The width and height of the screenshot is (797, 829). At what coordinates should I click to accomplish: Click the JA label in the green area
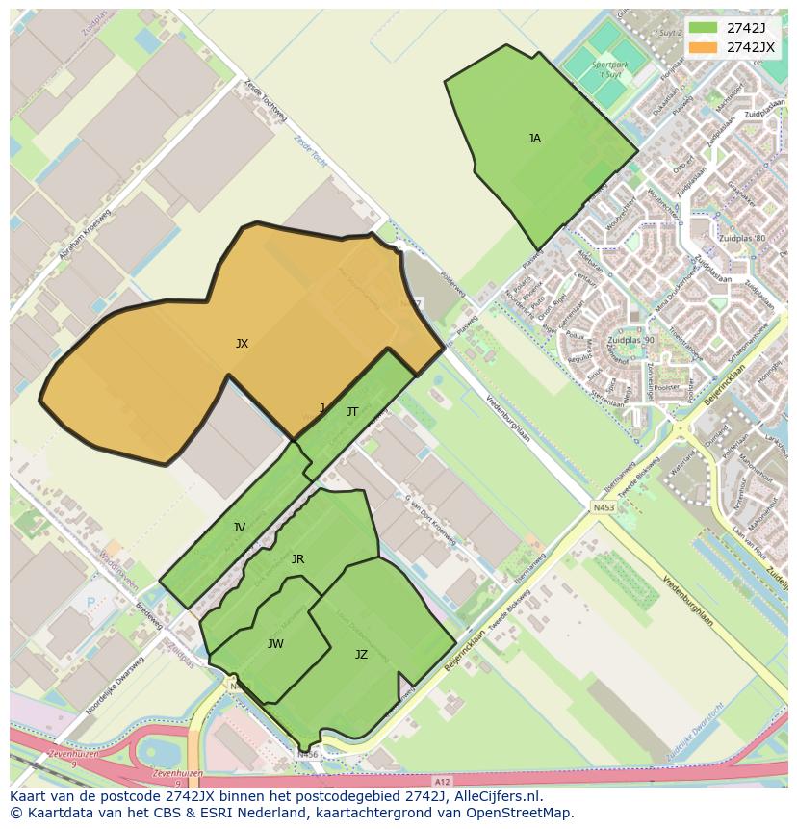click(x=534, y=139)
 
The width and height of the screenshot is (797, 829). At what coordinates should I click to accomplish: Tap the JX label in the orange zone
click(x=242, y=344)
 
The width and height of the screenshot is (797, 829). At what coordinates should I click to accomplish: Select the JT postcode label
click(x=352, y=412)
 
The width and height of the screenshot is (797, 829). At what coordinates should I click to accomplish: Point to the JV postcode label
click(x=239, y=528)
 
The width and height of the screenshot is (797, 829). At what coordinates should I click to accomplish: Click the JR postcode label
click(x=297, y=559)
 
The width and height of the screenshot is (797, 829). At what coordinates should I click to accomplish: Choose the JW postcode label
click(x=275, y=644)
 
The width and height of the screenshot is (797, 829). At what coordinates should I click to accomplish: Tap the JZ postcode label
click(x=361, y=655)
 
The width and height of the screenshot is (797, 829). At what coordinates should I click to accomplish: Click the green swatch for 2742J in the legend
click(x=704, y=27)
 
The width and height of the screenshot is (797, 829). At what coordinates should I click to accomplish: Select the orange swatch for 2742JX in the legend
click(x=704, y=46)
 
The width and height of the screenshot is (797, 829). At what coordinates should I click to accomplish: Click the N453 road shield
click(x=604, y=507)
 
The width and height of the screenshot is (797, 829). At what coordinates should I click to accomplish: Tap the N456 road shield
click(x=307, y=755)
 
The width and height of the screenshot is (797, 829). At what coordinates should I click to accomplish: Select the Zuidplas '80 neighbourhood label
click(x=741, y=238)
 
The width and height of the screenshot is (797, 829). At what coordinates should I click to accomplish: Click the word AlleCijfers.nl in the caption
click(x=497, y=797)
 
